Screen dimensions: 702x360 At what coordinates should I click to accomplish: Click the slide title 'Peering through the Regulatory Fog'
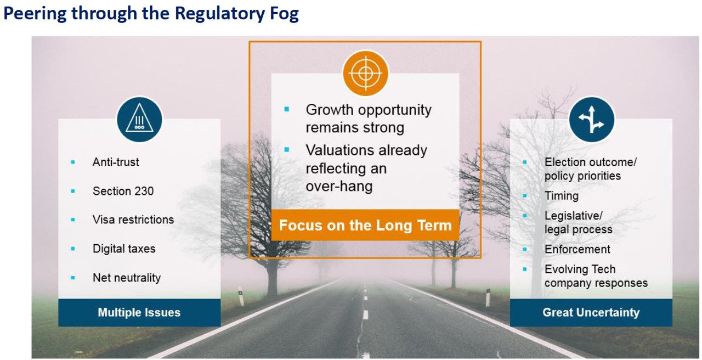tap(151, 14)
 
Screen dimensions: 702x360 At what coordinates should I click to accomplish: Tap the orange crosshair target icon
tap(365, 74)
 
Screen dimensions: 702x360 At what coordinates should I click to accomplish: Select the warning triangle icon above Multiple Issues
tap(139, 120)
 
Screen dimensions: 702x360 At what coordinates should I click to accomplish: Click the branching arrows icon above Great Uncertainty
tap(591, 120)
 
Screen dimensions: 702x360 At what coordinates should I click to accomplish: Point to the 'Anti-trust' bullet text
tap(116, 162)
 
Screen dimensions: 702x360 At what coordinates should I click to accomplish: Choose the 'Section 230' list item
tap(123, 191)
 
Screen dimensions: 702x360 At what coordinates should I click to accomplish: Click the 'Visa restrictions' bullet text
tap(133, 220)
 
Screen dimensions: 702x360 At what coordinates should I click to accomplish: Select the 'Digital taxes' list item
tap(124, 249)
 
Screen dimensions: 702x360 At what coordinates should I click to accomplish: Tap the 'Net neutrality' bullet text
tap(127, 278)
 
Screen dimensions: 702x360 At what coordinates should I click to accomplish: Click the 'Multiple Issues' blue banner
tap(139, 313)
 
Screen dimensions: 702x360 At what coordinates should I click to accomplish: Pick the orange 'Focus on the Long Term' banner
tap(365, 225)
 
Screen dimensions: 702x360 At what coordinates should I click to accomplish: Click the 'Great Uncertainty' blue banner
tap(591, 313)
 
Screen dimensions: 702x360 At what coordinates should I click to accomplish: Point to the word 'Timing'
tap(562, 196)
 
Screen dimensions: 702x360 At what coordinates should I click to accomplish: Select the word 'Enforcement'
tap(578, 249)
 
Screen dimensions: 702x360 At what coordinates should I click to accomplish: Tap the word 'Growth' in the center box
tap(330, 110)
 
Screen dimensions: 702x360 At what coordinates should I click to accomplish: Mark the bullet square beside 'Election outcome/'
tap(525, 162)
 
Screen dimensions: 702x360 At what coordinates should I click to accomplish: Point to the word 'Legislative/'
tap(574, 216)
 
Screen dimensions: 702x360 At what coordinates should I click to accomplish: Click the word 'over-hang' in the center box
tap(339, 187)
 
